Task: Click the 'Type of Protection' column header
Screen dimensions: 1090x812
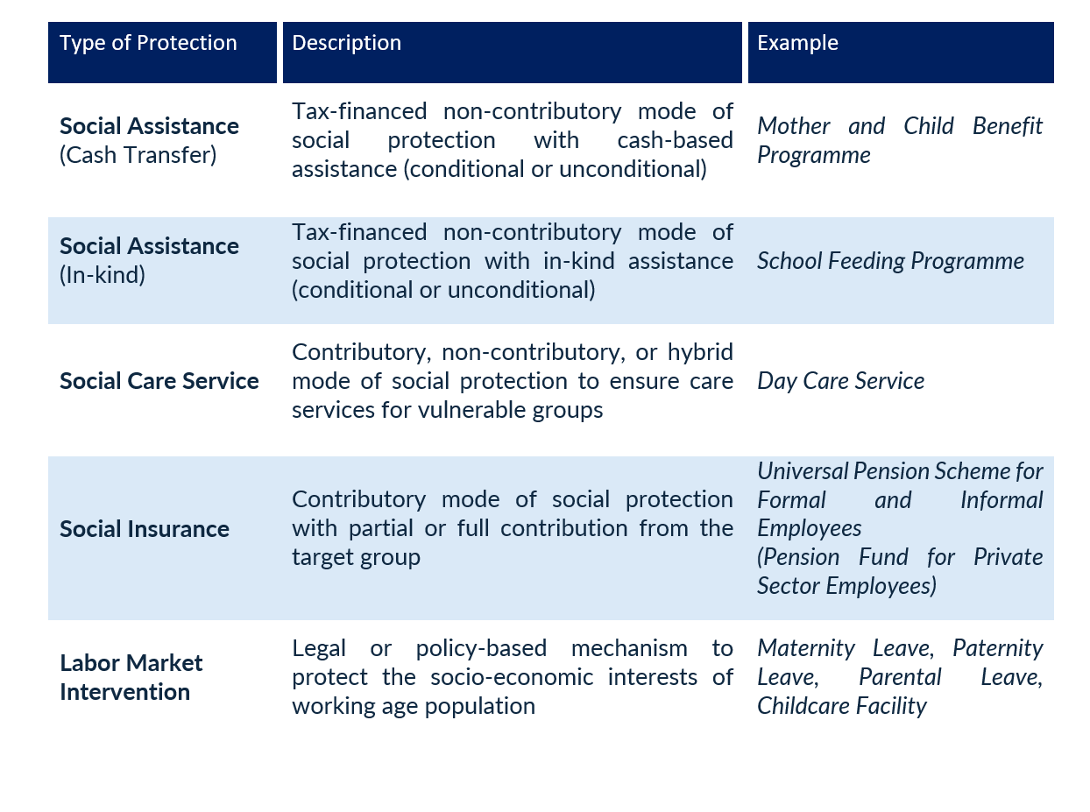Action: [148, 43]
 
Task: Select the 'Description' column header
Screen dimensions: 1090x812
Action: [347, 43]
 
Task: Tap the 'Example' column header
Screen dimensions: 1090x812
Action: [797, 43]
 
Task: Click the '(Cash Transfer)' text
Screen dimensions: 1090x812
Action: [138, 155]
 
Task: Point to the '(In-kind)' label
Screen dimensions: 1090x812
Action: [103, 275]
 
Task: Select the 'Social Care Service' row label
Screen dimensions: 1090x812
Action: [159, 381]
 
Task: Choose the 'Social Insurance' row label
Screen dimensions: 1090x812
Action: [145, 529]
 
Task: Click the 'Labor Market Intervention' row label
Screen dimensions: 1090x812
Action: [131, 677]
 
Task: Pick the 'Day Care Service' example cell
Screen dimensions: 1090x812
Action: [840, 381]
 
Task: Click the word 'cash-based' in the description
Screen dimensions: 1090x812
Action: [675, 140]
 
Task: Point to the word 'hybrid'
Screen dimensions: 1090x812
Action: [700, 353]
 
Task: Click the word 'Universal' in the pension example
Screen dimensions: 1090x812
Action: [803, 471]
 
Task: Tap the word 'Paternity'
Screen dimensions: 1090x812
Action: [998, 649]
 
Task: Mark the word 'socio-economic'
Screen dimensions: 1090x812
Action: [512, 677]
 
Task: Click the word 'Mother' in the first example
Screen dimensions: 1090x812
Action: [794, 126]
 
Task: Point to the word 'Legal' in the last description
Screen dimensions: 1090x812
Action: [319, 649]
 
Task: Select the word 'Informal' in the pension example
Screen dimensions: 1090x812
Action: [1002, 500]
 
